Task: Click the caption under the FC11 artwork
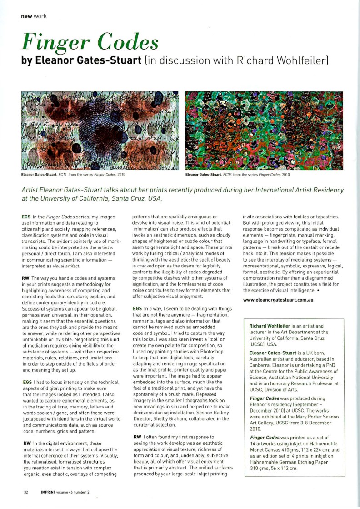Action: (x=73, y=174)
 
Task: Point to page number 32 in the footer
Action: (x=26, y=492)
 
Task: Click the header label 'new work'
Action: (x=34, y=17)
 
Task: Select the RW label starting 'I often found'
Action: (x=137, y=437)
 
